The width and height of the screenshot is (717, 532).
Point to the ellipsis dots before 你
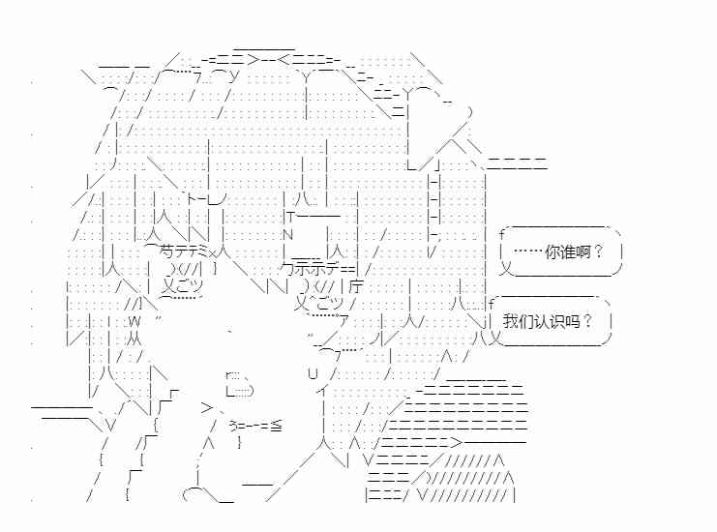[526, 252]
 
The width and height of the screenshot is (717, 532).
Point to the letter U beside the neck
[313, 373]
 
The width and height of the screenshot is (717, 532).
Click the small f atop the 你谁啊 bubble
[501, 235]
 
